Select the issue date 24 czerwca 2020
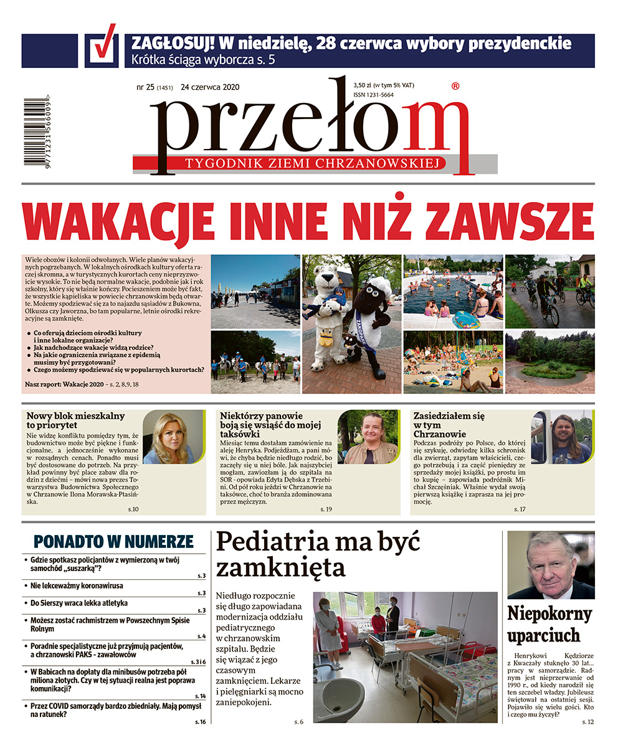(x=210, y=87)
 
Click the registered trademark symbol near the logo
(x=455, y=87)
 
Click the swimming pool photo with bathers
(x=452, y=292)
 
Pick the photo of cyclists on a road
(x=549, y=292)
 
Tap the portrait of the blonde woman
(x=173, y=437)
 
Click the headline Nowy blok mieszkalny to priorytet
(x=76, y=421)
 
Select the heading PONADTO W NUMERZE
(x=114, y=541)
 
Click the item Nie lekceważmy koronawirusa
(x=77, y=586)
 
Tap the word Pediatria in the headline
(x=279, y=542)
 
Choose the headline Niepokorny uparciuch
(x=549, y=625)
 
